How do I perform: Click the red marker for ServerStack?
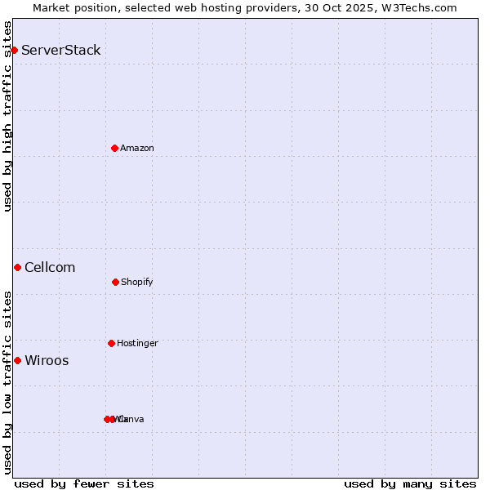point(14,50)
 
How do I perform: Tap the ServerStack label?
point(60,50)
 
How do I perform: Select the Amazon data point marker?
point(115,148)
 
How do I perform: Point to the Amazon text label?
point(136,148)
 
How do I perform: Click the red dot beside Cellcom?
point(17,267)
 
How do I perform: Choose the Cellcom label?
point(50,267)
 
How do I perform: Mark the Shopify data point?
point(115,282)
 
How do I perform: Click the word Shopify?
point(136,282)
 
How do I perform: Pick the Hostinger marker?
point(111,343)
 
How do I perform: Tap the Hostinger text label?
point(137,343)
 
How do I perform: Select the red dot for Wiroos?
point(17,360)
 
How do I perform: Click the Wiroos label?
point(47,360)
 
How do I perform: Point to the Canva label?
point(131,419)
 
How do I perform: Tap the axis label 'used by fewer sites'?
point(84,483)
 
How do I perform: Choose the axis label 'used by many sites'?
point(410,483)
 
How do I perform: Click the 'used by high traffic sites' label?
point(7,116)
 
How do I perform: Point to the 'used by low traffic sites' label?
point(7,381)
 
